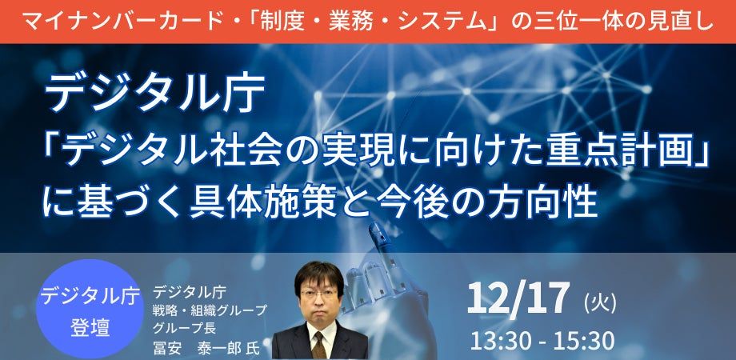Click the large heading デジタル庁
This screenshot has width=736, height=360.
point(154,95)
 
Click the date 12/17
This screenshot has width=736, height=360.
point(518,299)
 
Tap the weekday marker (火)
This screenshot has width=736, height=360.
point(600,302)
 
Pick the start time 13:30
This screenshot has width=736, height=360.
point(500,341)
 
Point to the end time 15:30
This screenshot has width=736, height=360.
point(584,341)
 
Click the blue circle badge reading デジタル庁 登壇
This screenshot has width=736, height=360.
point(90,310)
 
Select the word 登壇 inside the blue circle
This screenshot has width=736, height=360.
point(90,327)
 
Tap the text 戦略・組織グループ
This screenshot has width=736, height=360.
point(210,310)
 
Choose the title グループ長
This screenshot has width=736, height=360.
point(178,326)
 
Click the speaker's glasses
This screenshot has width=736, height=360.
point(319,294)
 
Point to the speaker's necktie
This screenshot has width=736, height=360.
point(319,346)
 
